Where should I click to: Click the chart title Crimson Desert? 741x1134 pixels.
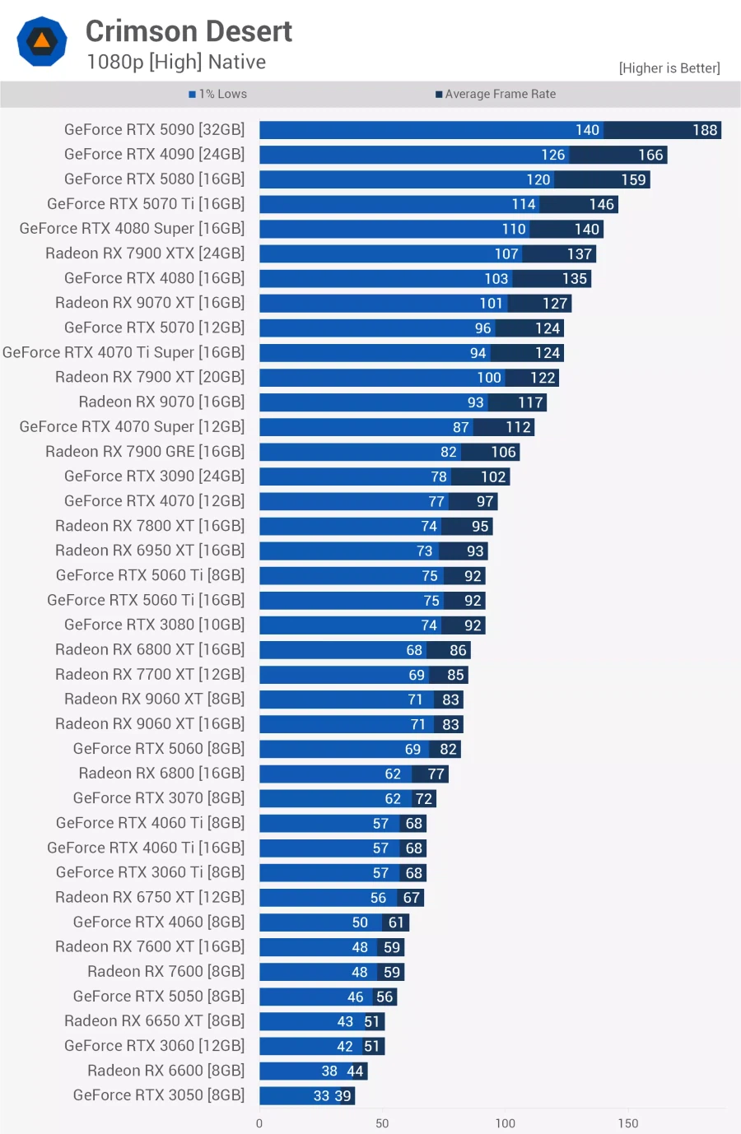click(189, 31)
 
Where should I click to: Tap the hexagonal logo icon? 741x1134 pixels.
click(42, 41)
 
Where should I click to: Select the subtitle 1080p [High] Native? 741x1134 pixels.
click(176, 63)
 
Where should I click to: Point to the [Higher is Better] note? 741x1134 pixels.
click(669, 68)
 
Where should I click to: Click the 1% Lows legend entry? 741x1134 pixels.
click(218, 95)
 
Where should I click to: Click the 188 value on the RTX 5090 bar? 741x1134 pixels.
click(705, 130)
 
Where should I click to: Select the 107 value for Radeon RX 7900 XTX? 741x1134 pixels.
click(506, 254)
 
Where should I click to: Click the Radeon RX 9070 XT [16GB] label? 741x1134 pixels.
click(150, 303)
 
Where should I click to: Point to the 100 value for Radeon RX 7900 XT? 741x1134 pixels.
click(489, 378)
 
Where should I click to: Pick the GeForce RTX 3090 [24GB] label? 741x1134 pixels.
click(154, 476)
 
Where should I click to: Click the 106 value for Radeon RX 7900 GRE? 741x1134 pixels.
click(503, 452)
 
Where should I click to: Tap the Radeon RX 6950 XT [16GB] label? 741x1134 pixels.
click(150, 551)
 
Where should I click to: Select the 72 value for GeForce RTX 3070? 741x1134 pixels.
click(424, 799)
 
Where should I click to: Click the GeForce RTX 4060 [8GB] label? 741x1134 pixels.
click(159, 923)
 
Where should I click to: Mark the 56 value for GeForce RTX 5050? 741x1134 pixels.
click(384, 997)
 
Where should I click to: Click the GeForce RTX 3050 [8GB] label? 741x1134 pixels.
click(159, 1095)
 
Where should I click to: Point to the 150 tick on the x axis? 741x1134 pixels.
click(628, 1123)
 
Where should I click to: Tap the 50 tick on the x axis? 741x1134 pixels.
click(382, 1123)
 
